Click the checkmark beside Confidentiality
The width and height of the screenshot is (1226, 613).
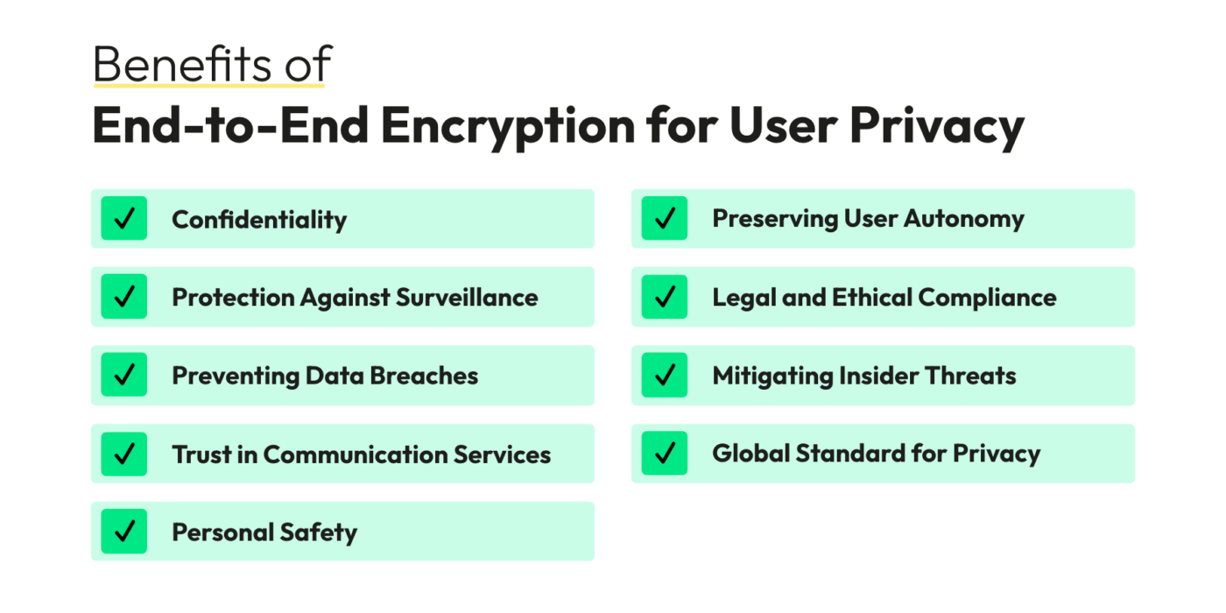click(x=124, y=219)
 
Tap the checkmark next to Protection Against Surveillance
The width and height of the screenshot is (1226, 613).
click(x=124, y=297)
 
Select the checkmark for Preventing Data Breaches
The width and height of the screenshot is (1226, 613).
click(x=124, y=376)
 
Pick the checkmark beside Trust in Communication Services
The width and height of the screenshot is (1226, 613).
click(x=124, y=454)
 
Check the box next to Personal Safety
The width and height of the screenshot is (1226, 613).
click(x=124, y=532)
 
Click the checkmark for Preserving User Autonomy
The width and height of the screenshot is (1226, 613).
click(x=665, y=219)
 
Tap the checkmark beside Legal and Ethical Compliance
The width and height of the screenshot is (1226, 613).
click(x=665, y=297)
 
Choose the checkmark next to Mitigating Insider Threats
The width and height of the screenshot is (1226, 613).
click(x=665, y=376)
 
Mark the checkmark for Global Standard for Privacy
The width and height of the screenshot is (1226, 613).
click(x=665, y=454)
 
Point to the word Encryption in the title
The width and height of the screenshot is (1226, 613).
click(x=507, y=125)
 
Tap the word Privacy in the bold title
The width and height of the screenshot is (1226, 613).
click(x=936, y=125)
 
